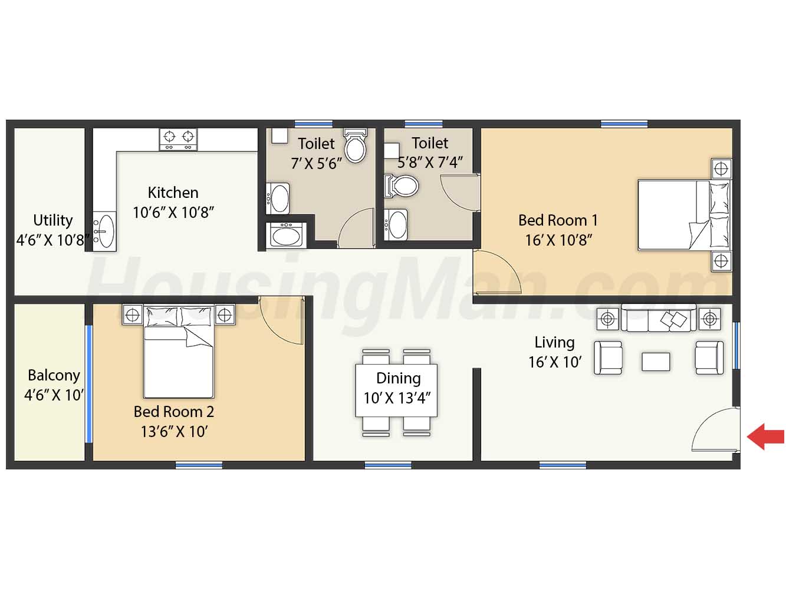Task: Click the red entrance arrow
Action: pyautogui.click(x=765, y=436)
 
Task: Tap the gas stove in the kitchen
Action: pyautogui.click(x=178, y=140)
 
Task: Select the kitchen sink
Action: pyautogui.click(x=104, y=231)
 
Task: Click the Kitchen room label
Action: pyautogui.click(x=173, y=193)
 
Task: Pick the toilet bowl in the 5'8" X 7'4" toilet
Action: pyautogui.click(x=401, y=186)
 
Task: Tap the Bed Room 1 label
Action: pyautogui.click(x=558, y=220)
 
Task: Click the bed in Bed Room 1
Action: pyautogui.click(x=685, y=215)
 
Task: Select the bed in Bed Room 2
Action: pyautogui.click(x=179, y=351)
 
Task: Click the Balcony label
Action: pyautogui.click(x=54, y=376)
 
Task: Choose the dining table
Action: pyautogui.click(x=396, y=390)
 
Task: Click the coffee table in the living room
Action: pyautogui.click(x=656, y=362)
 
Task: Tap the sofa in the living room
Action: pyautogui.click(x=659, y=318)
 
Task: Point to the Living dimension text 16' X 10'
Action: pyautogui.click(x=555, y=362)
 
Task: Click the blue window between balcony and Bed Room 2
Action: pyautogui.click(x=89, y=383)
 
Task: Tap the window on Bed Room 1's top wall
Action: pyautogui.click(x=624, y=124)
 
